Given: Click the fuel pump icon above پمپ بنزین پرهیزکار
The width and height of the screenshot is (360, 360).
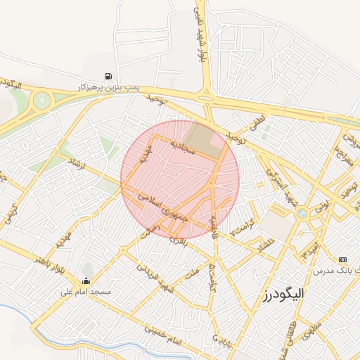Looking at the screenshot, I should (108, 76).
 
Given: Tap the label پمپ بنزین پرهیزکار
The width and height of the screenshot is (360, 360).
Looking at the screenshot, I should (110, 86).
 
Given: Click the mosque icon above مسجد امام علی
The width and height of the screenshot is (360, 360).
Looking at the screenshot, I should (87, 269).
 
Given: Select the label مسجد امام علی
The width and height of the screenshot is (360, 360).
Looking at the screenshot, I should (89, 290).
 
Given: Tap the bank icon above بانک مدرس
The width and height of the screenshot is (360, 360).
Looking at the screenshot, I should (342, 259).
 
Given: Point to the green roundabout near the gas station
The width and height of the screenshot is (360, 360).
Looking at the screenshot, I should (42, 100).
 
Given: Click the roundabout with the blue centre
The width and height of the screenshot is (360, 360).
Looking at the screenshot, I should (302, 213).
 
